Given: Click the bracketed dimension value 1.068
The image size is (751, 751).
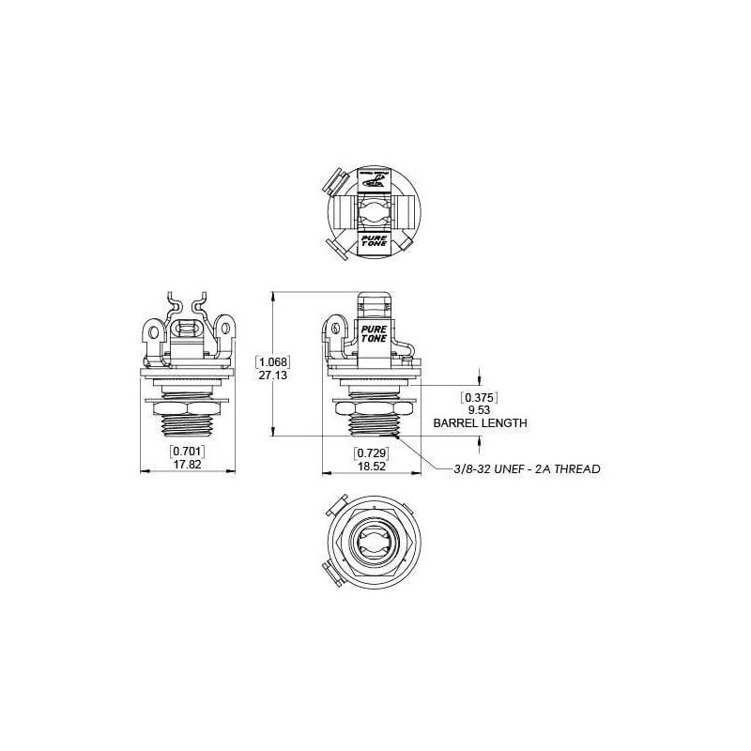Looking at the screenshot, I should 273,360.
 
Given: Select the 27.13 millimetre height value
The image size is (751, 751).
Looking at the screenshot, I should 273,374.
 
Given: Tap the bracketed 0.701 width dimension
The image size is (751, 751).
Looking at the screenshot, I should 187,452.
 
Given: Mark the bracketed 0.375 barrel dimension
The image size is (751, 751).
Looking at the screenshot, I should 480,396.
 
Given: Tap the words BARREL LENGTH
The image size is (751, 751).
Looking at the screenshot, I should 480,423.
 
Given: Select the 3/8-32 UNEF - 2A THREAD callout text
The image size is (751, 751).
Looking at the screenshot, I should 526,467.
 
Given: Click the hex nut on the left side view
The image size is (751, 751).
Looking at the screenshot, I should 187,409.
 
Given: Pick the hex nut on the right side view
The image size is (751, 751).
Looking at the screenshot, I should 374,409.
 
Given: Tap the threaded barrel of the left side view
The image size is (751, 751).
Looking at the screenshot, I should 187,430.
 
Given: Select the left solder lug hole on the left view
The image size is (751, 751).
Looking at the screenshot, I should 150,330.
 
